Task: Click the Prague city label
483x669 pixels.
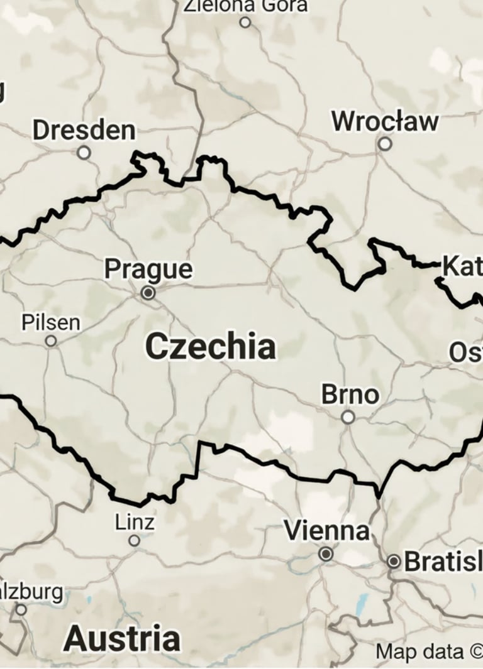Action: point(148,269)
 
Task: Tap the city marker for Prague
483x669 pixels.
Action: point(148,293)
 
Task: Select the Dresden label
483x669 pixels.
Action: point(84,131)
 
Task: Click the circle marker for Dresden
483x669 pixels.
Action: point(84,153)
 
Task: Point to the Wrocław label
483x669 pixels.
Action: point(385,121)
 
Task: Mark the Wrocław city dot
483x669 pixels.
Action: point(385,144)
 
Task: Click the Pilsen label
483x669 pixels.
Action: point(51,322)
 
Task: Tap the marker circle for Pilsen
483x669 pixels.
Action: point(51,341)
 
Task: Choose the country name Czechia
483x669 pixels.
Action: point(210,347)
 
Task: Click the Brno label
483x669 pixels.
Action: point(350,394)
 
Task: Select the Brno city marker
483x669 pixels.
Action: point(348,417)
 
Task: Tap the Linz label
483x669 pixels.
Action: point(135,521)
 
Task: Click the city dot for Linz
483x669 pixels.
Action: point(134,540)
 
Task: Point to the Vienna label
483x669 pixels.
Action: point(326,531)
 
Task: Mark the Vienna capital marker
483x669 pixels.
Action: point(326,554)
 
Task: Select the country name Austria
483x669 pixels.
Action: point(121,638)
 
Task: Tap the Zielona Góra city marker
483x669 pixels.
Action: point(245,23)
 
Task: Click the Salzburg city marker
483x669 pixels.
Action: point(21,609)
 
